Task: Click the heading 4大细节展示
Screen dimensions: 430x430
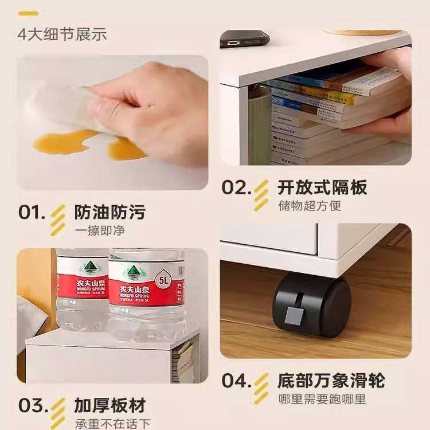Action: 62,33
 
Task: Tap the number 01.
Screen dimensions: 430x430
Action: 32,212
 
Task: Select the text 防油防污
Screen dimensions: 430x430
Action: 110,212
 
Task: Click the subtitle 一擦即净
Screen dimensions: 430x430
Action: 100,231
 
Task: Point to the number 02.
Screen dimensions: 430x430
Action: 236,187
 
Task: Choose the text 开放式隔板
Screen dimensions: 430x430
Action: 322,187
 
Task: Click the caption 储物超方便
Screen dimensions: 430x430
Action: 310,206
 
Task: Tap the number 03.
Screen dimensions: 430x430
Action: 32,405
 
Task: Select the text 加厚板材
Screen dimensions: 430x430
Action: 110,405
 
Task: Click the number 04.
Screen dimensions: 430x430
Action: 236,381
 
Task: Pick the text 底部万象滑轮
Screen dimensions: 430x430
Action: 331,381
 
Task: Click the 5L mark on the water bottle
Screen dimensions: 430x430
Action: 165,281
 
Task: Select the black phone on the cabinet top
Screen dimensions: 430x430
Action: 245,38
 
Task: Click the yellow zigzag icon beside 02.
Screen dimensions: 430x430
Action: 262,196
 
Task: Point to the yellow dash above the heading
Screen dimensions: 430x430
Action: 28,13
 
